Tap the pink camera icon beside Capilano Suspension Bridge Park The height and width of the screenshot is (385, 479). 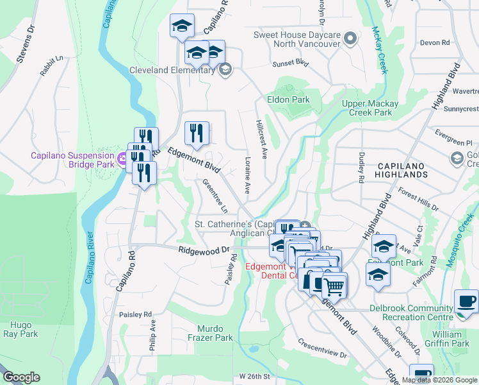(x=122, y=158)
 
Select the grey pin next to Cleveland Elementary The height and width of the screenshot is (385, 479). (x=225, y=69)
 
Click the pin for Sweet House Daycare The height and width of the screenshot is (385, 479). (x=350, y=39)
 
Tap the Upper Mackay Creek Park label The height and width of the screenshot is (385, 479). (x=370, y=108)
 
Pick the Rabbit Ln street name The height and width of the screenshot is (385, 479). (x=53, y=66)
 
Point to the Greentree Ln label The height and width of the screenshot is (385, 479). (x=215, y=196)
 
